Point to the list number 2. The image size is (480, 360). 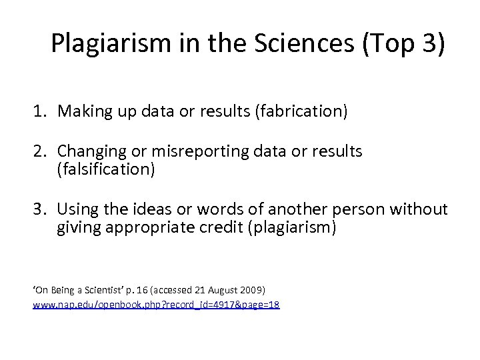(x=39, y=152)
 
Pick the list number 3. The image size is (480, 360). (x=39, y=211)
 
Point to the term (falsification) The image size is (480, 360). (x=107, y=170)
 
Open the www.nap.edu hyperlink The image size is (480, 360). (x=157, y=304)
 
